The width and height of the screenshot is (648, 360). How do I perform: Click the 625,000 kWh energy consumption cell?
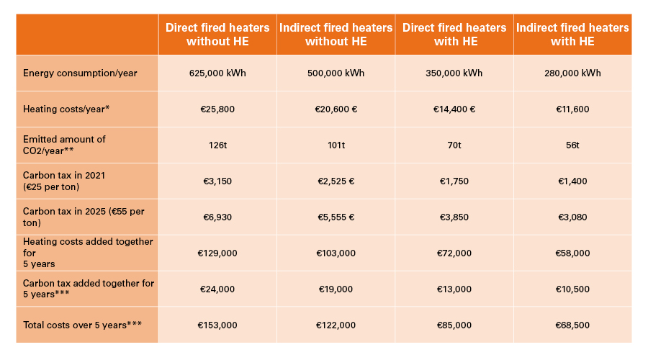pos(217,73)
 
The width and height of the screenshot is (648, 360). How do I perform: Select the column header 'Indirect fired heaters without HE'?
pos(336,35)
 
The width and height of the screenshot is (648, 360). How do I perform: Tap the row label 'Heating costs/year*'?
pos(66,109)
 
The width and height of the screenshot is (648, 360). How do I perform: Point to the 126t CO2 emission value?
pos(217,145)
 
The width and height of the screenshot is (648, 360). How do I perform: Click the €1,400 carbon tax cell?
pos(572,181)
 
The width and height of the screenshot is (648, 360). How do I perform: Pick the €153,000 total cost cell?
pos(217,325)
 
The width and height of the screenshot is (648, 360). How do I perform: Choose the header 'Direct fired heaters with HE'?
pos(454,35)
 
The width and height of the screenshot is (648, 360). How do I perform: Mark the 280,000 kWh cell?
pos(572,73)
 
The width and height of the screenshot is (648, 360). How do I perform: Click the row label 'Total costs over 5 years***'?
pos(82,325)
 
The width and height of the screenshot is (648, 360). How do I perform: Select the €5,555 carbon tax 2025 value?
pos(336,217)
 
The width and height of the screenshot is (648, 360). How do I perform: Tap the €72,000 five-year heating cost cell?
pos(454,253)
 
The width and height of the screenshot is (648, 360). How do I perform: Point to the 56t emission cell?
pos(572,145)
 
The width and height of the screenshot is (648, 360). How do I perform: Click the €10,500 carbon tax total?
pos(572,289)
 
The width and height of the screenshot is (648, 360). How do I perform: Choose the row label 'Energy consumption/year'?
pos(80,73)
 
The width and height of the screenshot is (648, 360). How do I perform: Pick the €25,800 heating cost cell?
pos(217,109)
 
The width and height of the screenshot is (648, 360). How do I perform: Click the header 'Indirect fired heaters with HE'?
pos(572,35)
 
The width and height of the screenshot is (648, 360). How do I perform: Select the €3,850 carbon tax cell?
pos(454,217)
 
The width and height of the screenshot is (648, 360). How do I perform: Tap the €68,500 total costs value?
pos(572,325)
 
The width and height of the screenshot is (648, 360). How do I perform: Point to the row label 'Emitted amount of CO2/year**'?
pos(65,145)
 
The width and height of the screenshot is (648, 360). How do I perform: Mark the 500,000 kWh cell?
pos(336,73)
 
